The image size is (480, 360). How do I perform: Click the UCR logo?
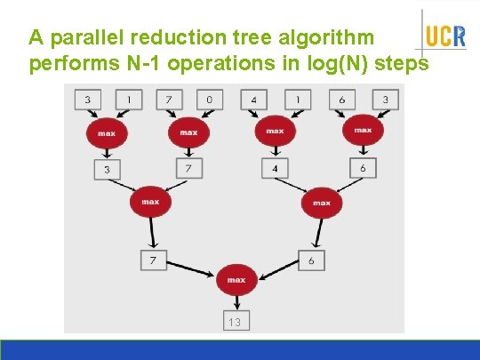pyautogui.click(x=444, y=36)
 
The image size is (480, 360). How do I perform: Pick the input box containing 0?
pyautogui.click(x=209, y=100)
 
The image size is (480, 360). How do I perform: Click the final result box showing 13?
pyautogui.click(x=236, y=321)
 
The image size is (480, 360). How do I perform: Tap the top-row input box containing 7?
pyautogui.click(x=168, y=100)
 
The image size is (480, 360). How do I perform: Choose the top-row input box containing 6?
pyautogui.click(x=342, y=100)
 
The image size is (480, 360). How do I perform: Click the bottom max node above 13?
pyautogui.click(x=236, y=280)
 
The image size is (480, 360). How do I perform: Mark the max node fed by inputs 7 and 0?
pyautogui.click(x=188, y=132)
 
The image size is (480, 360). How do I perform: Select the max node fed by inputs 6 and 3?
pyautogui.click(x=363, y=131)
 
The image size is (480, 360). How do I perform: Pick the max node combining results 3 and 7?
pyautogui.click(x=150, y=202)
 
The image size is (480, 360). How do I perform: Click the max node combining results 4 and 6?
pyautogui.click(x=321, y=203)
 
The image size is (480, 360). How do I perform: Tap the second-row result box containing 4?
pyautogui.click(x=275, y=168)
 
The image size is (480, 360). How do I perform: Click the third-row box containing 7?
pyautogui.click(x=153, y=260)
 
